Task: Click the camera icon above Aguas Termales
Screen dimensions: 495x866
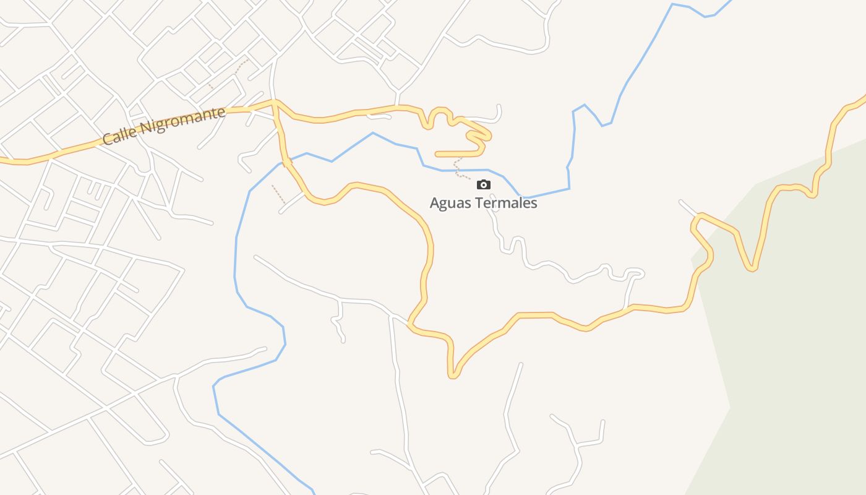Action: pyautogui.click(x=484, y=184)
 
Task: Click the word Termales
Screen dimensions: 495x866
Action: pyautogui.click(x=508, y=203)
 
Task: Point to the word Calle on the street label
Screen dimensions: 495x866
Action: pyautogui.click(x=119, y=136)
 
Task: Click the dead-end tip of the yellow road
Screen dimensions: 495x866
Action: pyautogui.click(x=437, y=154)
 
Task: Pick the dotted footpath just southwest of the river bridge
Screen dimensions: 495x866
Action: pyautogui.click(x=278, y=193)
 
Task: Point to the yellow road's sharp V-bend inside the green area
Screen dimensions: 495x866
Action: pyautogui.click(x=752, y=269)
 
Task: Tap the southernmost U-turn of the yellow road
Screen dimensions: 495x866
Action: pyautogui.click(x=453, y=375)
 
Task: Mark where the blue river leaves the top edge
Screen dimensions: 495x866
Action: pyautogui.click(x=730, y=1)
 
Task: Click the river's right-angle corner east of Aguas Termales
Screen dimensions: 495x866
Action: pyautogui.click(x=568, y=187)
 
